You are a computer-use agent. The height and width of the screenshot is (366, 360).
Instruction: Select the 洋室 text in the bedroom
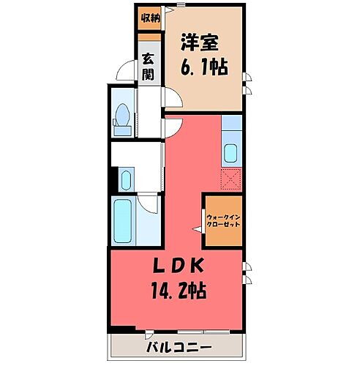200,43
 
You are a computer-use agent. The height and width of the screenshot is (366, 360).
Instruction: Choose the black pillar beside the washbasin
113,178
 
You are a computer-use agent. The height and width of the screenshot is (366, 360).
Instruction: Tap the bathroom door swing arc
149,202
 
